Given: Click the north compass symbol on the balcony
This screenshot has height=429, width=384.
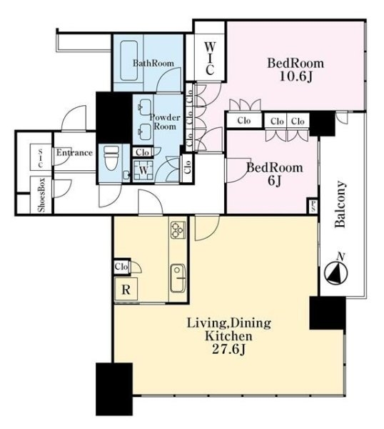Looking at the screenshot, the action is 335,272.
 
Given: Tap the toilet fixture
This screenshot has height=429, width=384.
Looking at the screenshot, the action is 112,158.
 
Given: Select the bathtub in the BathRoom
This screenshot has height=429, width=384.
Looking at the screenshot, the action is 129,61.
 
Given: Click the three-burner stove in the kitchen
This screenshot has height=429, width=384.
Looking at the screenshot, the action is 178,230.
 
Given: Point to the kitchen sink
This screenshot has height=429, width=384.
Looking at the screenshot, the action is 178,278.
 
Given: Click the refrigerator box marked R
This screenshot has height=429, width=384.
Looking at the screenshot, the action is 126,289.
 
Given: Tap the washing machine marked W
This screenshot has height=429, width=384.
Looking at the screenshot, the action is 143,170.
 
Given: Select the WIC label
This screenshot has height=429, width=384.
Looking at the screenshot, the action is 209,59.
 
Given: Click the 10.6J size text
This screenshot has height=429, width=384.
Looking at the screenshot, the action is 295,77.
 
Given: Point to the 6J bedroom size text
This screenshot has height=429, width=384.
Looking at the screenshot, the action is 275,181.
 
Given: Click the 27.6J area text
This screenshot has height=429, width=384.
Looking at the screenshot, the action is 228,349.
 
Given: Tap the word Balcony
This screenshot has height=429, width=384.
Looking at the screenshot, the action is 340,204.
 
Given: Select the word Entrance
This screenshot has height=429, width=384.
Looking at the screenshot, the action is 74,152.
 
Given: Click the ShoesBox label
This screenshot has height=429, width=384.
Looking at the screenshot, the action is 42,195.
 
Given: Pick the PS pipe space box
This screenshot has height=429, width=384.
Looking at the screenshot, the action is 312,205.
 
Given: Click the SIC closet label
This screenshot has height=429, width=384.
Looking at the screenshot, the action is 41,158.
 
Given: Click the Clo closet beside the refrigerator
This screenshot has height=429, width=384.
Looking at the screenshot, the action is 122,266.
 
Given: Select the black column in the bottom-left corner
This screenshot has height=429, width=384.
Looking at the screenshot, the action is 114,389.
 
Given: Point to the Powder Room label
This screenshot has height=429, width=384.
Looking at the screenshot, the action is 165,122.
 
